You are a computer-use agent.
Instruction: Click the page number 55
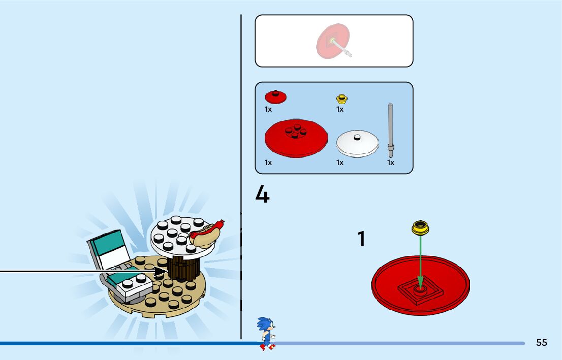click(x=542, y=343)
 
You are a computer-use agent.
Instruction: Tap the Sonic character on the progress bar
click(x=266, y=334)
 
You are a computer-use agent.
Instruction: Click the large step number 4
click(x=262, y=194)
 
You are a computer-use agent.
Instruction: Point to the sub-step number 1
click(x=361, y=239)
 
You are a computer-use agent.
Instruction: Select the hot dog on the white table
click(x=206, y=234)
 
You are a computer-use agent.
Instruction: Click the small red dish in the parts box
click(x=275, y=96)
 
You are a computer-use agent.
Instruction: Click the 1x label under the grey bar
click(x=391, y=162)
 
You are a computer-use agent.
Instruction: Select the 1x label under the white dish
click(x=340, y=162)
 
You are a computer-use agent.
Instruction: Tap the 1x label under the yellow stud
click(x=340, y=109)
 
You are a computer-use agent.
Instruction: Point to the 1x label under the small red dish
click(x=268, y=109)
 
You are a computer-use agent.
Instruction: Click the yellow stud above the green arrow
click(x=421, y=228)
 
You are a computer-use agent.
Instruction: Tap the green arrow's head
click(x=420, y=280)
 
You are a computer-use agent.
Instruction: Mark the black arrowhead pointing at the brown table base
click(x=163, y=272)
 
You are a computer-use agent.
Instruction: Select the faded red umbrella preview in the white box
click(x=332, y=41)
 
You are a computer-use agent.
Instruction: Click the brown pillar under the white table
click(x=183, y=268)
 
